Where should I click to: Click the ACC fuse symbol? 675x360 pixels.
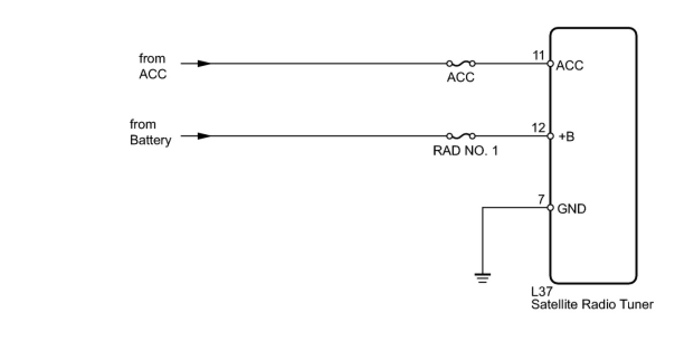[461, 64]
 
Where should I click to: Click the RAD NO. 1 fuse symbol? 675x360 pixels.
[461, 136]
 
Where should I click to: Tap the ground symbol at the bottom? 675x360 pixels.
[482, 277]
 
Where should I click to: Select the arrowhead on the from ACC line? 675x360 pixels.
[205, 64]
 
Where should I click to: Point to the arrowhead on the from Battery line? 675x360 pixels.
[205, 136]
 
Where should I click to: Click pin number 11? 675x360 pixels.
[538, 55]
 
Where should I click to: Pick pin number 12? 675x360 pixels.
[538, 128]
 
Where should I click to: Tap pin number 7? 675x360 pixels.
[541, 200]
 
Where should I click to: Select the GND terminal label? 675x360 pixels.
[572, 209]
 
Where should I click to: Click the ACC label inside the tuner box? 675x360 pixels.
[570, 65]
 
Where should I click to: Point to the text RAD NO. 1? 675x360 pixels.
[465, 150]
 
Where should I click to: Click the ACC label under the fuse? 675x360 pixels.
[460, 78]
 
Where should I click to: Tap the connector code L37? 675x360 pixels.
[542, 292]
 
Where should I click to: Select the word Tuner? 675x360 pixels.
[638, 305]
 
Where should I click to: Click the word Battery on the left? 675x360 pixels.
[150, 140]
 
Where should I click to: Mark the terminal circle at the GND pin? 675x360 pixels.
[550, 208]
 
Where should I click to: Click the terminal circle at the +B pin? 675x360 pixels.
[550, 136]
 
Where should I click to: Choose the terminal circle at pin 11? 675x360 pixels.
[550, 64]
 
